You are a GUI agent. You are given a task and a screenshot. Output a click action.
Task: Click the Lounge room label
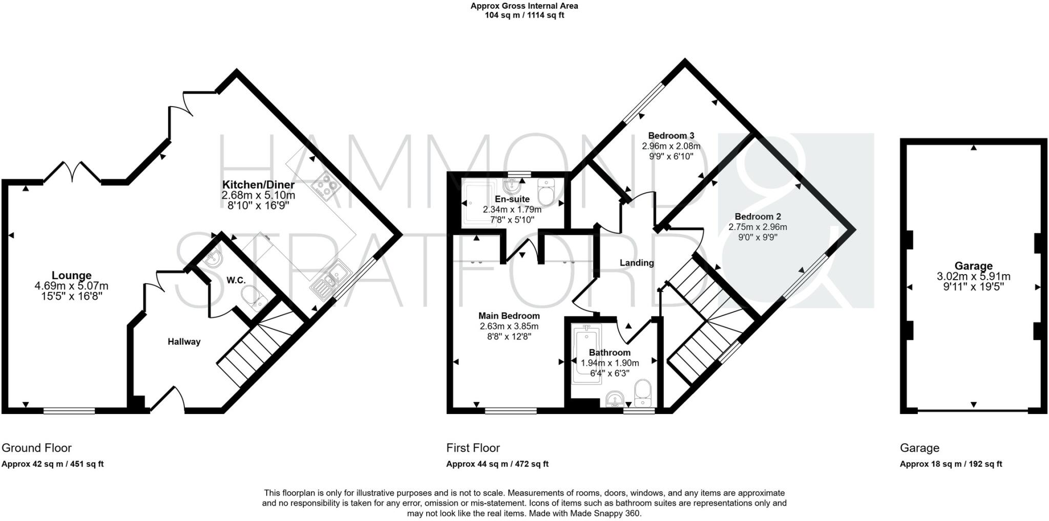71,276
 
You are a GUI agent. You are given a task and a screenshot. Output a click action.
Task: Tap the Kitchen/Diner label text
258,184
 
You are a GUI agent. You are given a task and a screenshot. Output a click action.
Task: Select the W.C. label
236,280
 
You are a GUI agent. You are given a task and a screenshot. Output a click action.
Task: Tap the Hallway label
184,342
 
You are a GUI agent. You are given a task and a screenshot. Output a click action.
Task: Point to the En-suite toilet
547,193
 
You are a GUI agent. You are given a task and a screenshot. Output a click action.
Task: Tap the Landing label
637,263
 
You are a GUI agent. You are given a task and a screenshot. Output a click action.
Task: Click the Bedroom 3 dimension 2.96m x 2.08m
671,146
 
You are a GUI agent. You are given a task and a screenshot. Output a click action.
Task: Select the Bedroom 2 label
758,217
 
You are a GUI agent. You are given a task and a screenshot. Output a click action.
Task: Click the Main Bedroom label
509,316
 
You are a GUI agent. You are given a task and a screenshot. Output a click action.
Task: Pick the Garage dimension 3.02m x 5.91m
973,276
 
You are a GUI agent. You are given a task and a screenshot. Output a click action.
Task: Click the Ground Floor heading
36,448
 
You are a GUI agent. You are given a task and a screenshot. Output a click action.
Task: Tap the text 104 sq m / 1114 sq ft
524,15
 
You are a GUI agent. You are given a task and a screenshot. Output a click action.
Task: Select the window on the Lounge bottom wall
69,410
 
